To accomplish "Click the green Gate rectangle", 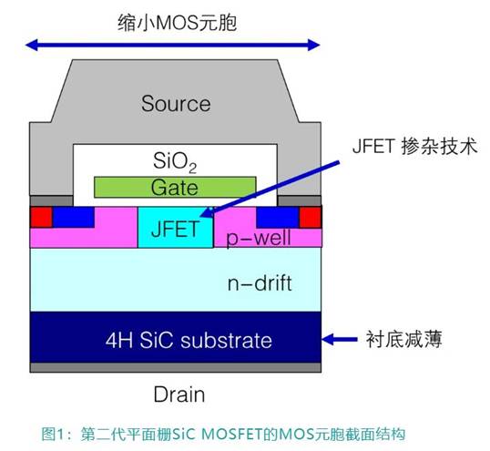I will pos(173,188).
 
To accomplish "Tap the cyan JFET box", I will pos(174,228).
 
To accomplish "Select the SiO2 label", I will pos(175,163).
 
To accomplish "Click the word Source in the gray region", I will pos(176,103).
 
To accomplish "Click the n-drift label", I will pos(260,283).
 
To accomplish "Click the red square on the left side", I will pos(41,217).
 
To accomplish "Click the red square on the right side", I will pos(311,217).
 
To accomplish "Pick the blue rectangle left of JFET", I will pos(73,216).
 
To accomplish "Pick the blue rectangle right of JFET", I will pos(278,216).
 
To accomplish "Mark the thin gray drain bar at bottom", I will pos(176,368).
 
